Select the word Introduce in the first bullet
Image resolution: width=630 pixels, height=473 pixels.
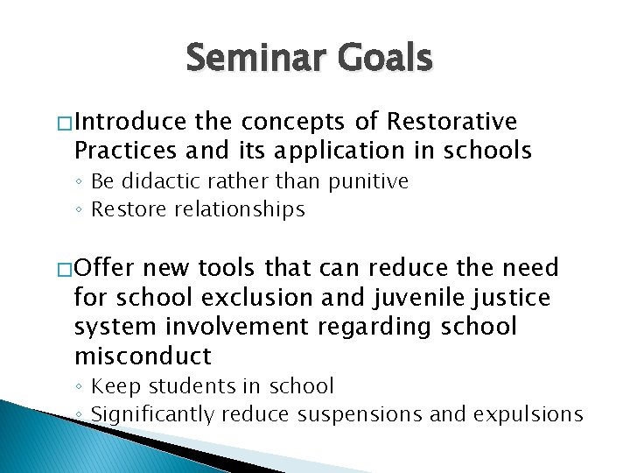(x=130, y=121)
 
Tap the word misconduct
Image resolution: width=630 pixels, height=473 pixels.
(x=143, y=356)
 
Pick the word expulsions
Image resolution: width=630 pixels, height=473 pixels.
(x=528, y=413)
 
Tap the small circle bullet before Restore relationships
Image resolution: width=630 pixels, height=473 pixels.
(x=80, y=210)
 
